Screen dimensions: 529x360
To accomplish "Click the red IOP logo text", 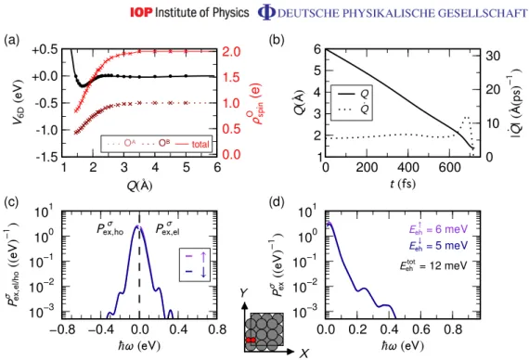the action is coord(141,12).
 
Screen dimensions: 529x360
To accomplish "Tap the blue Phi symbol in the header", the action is coord(266,13).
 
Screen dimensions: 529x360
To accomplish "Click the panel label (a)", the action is coord(12,40).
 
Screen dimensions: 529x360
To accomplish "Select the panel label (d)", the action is coord(277,201).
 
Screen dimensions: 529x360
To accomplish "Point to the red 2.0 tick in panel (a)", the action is coord(231,52).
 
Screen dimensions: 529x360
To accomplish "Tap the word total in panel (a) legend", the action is coord(200,144).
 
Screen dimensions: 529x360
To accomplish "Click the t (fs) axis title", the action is coord(403,184).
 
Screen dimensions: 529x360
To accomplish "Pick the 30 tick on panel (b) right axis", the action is coord(493,56).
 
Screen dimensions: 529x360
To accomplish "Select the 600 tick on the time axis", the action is coord(450,167).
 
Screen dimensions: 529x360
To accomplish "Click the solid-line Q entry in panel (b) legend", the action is coord(352,94).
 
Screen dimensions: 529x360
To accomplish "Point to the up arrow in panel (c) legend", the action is coord(203,257).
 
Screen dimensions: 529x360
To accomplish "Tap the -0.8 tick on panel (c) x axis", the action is coord(62,329).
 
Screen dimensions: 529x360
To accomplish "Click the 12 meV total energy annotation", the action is coord(433,265).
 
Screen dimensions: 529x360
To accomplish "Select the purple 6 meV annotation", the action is coord(439,229).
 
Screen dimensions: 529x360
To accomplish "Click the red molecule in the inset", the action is coord(251,340).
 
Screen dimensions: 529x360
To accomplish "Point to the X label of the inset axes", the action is coord(304,354).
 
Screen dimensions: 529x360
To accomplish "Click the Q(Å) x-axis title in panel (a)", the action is coord(139,185).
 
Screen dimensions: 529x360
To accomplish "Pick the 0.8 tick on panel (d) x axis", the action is coord(450,329).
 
